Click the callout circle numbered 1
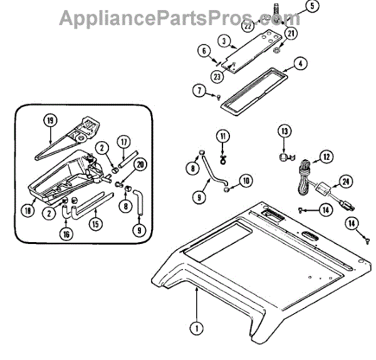(x=196, y=327)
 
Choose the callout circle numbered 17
(x=124, y=142)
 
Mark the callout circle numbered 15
(x=95, y=223)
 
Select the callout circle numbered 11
(x=222, y=137)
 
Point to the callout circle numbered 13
(x=285, y=132)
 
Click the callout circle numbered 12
(x=326, y=157)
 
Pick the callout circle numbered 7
(x=201, y=93)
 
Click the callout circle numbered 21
(x=291, y=33)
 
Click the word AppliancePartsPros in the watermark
(x=160, y=17)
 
